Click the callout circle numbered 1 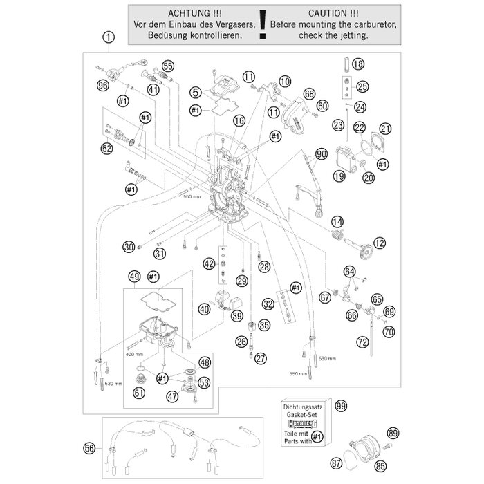click(108, 39)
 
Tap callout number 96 click(104, 86)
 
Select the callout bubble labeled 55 click(169, 66)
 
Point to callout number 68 click(308, 94)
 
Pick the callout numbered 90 click(320, 153)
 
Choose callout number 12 click(380, 242)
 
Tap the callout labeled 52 click(106, 147)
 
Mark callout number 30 click(128, 247)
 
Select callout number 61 click(139, 393)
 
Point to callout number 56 click(108, 448)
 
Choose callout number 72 click(362, 342)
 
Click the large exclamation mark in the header click(261, 25)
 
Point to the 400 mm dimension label click(134, 353)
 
